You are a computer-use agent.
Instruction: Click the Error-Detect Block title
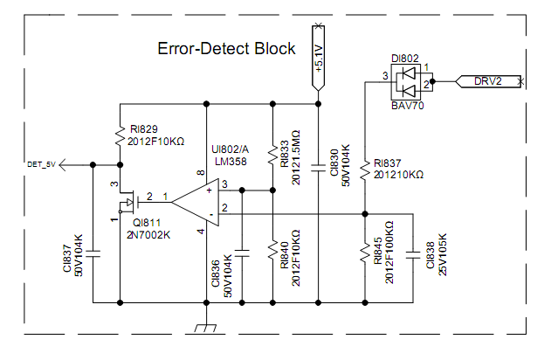[226, 49]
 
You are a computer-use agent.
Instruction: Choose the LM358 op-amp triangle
[195, 200]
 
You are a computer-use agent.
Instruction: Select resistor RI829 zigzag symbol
[119, 135]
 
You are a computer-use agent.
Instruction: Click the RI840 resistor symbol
[272, 253]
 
